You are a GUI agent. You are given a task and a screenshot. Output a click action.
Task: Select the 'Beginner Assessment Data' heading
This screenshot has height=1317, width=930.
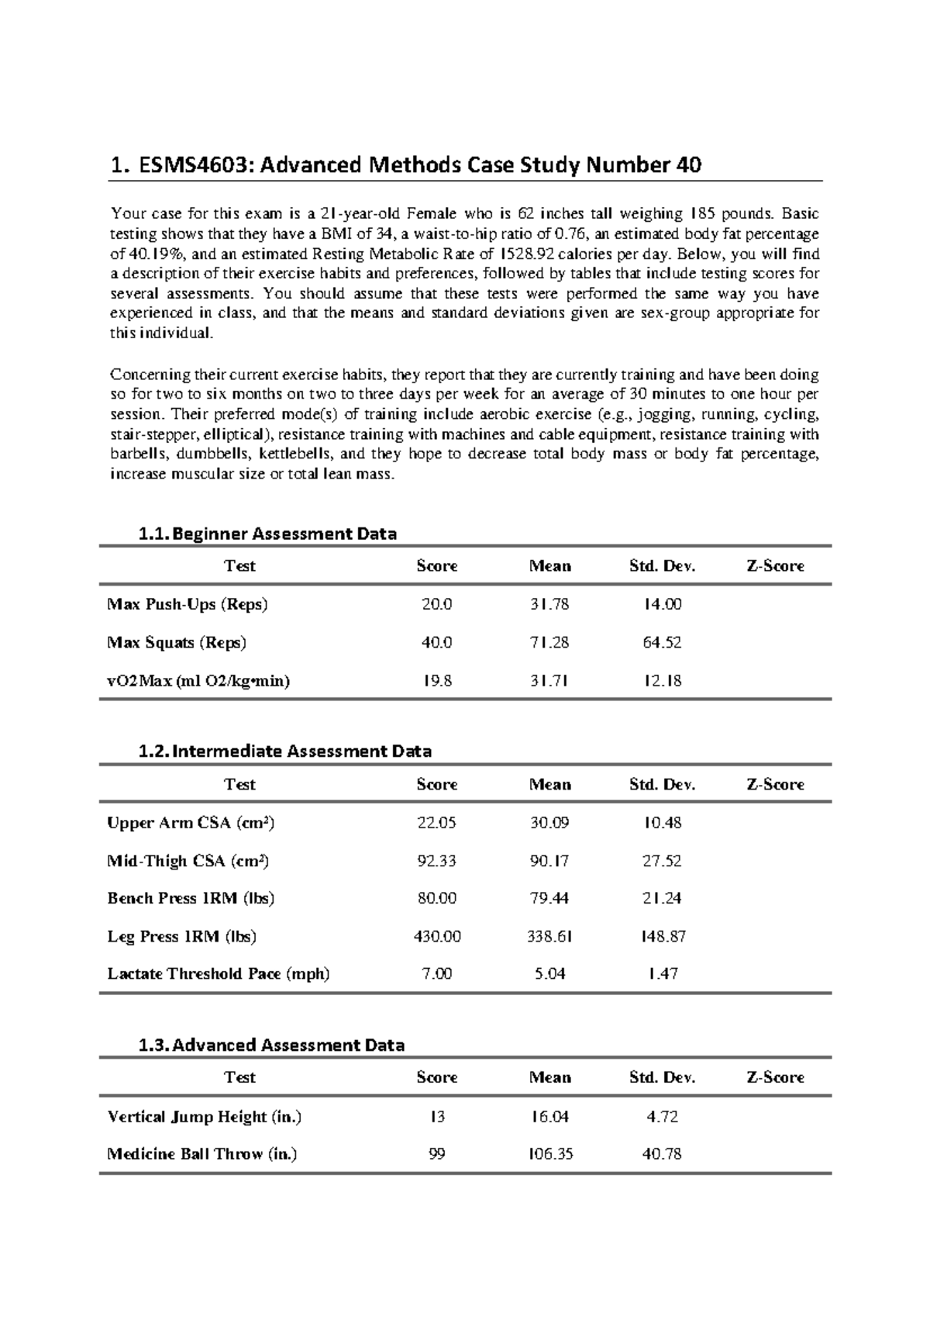coord(267,534)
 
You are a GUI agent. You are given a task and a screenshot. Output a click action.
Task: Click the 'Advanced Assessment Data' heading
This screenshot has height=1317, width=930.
coord(270,1045)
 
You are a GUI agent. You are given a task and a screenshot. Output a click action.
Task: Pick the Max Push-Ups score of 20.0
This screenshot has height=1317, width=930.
coord(436,604)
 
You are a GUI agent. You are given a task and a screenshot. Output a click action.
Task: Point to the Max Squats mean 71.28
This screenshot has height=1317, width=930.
coord(549,642)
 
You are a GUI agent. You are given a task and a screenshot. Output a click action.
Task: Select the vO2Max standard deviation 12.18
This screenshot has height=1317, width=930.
coord(663,680)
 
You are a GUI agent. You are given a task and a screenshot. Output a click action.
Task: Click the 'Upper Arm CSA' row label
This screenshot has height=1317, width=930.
coord(191,822)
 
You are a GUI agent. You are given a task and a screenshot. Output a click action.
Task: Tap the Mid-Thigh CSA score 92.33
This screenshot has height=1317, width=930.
coord(436,860)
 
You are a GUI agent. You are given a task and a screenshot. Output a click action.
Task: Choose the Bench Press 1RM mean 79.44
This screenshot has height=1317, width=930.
coord(549,898)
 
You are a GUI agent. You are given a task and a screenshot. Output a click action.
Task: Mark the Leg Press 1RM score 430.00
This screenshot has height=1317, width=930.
coord(436,936)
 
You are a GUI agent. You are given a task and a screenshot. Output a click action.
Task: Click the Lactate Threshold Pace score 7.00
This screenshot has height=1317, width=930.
coord(436,973)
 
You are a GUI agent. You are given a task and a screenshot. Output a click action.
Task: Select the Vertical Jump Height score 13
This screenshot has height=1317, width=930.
coord(436,1117)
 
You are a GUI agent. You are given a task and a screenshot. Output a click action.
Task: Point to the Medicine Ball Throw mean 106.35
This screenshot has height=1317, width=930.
coord(549,1154)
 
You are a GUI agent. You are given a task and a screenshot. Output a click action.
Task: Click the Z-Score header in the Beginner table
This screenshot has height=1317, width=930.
coord(775,566)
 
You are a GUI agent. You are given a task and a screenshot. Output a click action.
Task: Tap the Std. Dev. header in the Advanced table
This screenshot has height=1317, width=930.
coord(663,1077)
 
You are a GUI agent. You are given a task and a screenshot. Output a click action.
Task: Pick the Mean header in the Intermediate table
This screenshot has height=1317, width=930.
coord(549,784)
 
